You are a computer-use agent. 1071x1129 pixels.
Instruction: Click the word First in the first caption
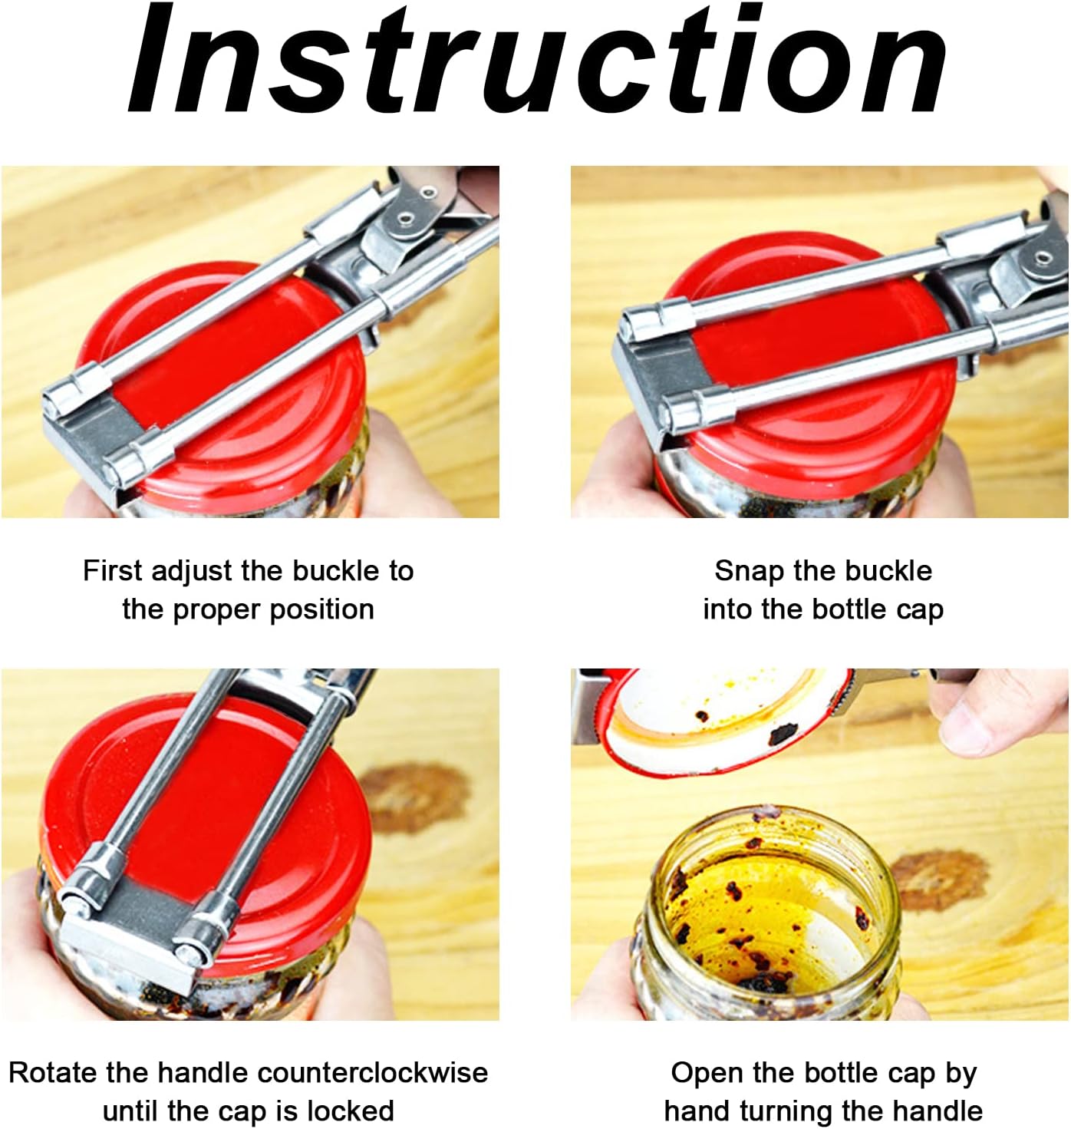pos(113,571)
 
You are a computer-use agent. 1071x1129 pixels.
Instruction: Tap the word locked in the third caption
pos(351,1111)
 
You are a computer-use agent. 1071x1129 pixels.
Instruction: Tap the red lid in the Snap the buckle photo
pos(816,356)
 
